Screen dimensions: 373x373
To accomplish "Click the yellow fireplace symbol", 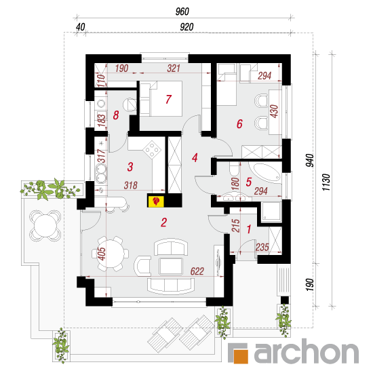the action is point(156,201).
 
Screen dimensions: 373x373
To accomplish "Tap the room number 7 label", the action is point(169,100).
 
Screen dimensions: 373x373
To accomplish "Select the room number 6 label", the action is point(239,124).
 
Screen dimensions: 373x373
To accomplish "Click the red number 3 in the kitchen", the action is point(130,167).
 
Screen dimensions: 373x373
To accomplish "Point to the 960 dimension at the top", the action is point(182,12).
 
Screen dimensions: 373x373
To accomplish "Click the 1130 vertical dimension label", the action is point(326,182).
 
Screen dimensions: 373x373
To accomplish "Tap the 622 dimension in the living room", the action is point(197,271).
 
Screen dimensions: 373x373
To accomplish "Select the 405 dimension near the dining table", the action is point(102,254).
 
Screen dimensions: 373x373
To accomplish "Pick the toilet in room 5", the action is point(234,168).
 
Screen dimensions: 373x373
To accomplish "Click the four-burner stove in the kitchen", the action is point(152,150).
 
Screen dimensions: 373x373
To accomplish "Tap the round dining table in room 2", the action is point(110,254).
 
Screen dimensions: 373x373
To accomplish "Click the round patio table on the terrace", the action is point(45,226).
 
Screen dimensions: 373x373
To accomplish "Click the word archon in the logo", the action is point(307,351).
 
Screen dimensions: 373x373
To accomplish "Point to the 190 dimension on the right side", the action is point(310,285).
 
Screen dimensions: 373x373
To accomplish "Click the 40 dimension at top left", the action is point(81,27).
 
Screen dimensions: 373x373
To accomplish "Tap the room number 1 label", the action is point(249,229).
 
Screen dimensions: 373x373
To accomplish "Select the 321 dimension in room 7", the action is point(174,68).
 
